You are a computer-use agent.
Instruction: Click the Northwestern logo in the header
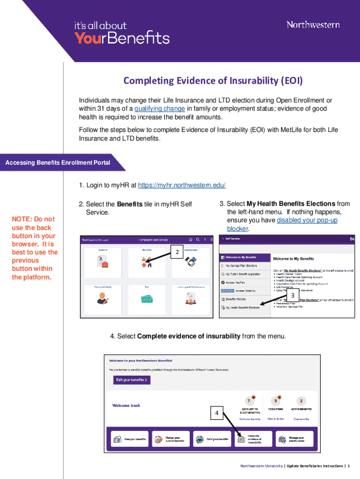tap(313, 24)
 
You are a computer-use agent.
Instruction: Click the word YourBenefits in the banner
tap(122, 38)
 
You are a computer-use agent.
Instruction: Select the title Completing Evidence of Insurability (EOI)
tap(213, 81)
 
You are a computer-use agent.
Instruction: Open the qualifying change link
tap(159, 109)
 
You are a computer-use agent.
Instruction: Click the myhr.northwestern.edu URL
tap(182, 185)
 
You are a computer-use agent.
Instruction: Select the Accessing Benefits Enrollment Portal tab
tap(58, 163)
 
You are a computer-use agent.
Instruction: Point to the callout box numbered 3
tap(293, 296)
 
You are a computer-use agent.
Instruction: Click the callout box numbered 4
tap(216, 413)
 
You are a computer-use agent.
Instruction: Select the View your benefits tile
tap(130, 439)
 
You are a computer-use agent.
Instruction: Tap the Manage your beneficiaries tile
tap(294, 439)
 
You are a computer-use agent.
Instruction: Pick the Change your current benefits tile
tap(171, 439)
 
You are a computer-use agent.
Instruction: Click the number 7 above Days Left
tap(249, 401)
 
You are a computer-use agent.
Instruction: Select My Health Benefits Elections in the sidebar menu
tap(243, 308)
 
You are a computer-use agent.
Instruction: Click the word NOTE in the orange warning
tap(22, 219)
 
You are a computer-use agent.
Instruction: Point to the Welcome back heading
tap(126, 406)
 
